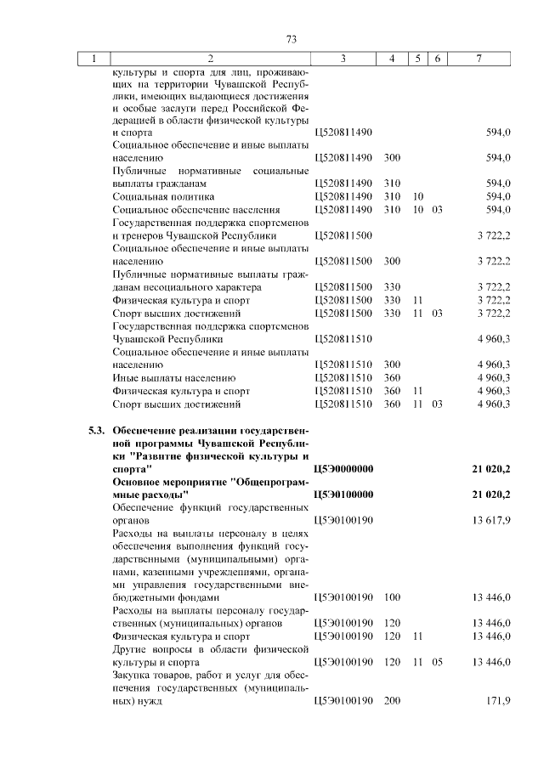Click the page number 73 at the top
click(x=291, y=40)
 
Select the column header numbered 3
click(x=342, y=59)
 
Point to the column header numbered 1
click(x=93, y=59)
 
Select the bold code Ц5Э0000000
click(x=343, y=468)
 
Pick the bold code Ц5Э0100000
click(x=343, y=494)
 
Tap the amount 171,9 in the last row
click(x=497, y=701)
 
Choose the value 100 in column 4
click(x=392, y=597)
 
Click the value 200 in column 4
click(x=392, y=701)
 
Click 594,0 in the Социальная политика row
click(x=497, y=196)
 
